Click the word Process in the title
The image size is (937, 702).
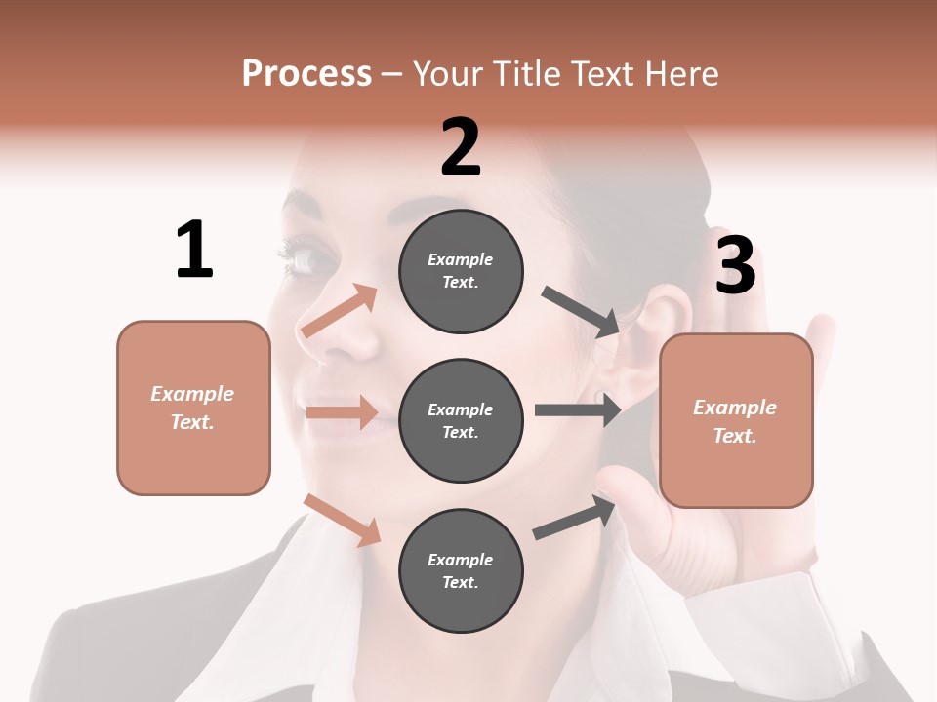pos(306,73)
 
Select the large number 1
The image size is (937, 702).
pos(194,250)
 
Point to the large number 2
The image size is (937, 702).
pos(461,147)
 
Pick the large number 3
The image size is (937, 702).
pos(735,265)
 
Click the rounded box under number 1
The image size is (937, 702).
pos(193,408)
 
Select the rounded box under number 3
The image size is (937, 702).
pos(736,420)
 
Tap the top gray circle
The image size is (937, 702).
pos(461,271)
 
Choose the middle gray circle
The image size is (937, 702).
pos(461,421)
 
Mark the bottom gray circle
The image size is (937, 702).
pos(461,570)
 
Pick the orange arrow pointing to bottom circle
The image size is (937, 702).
pos(343,520)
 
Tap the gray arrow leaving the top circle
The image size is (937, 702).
pos(580,311)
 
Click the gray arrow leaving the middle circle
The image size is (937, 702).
pos(578,410)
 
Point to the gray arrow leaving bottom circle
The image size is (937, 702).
pos(575,518)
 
